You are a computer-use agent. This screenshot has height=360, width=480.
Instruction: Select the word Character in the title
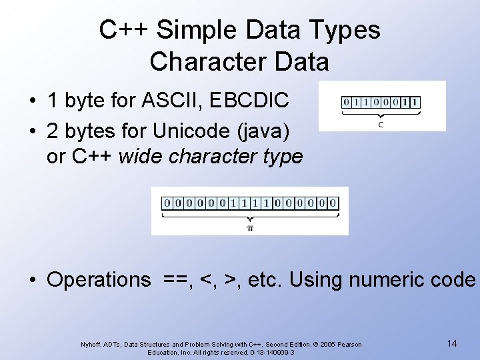coord(199,62)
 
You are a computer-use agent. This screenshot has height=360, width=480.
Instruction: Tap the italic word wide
coord(141,157)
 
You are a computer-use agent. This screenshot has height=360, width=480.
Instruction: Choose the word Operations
coord(99,279)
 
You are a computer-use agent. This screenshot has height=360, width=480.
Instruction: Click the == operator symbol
coord(176,279)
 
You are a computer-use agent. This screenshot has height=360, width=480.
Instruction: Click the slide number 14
coord(452,343)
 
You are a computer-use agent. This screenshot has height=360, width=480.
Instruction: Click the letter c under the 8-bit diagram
coord(381,124)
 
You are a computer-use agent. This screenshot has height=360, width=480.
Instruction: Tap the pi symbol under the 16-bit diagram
coord(250,228)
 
